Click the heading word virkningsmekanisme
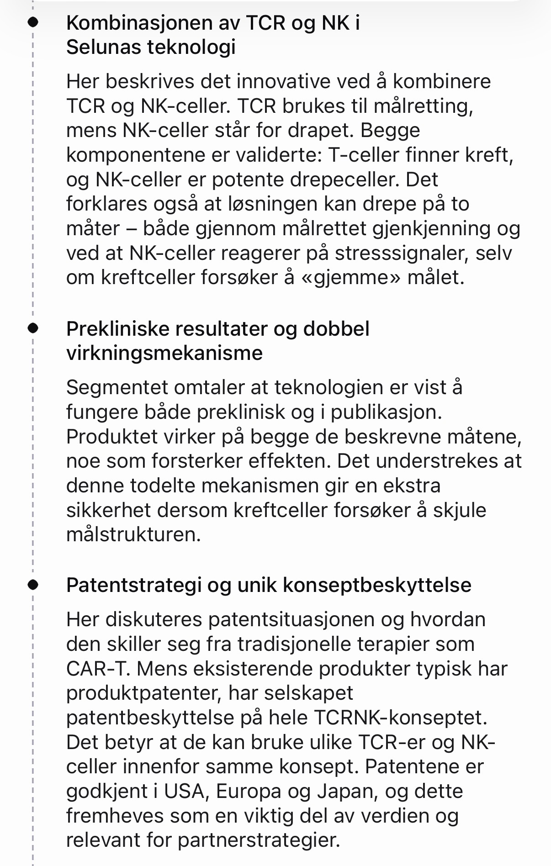pyautogui.click(x=164, y=353)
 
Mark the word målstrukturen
pyautogui.click(x=133, y=534)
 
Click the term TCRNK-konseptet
pyautogui.click(x=401, y=718)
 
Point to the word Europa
pyautogui.click(x=248, y=791)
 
